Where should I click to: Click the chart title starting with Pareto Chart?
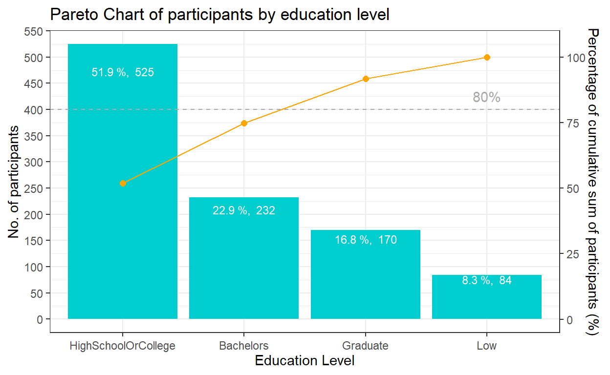tap(219, 15)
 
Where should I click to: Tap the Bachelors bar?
tap(244, 264)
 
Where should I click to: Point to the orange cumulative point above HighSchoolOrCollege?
tap(123, 183)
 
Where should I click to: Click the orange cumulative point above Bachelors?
tap(244, 124)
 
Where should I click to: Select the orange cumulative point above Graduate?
tap(366, 79)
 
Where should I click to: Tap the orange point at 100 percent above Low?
tap(487, 58)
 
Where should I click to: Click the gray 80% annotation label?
tap(486, 98)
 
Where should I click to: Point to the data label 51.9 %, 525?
tap(123, 73)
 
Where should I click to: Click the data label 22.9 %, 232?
tap(244, 211)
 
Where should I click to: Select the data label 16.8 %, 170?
tap(366, 240)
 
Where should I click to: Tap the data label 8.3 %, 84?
tap(487, 281)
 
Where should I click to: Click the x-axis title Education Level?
tap(305, 361)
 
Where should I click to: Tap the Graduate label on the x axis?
tap(366, 346)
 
